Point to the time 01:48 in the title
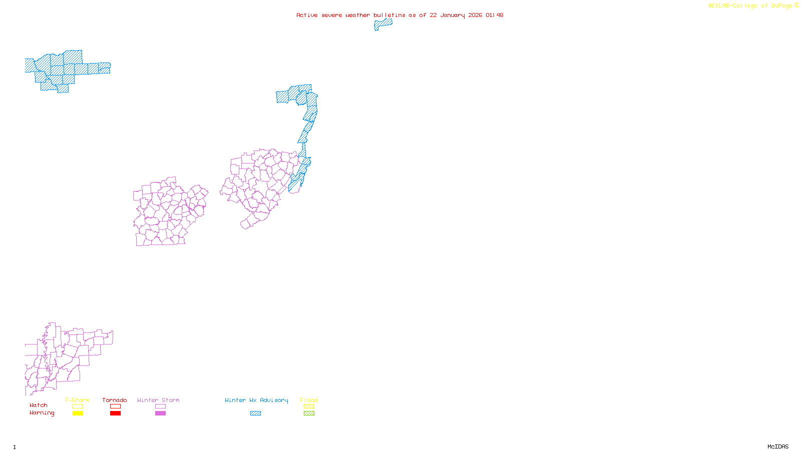pyautogui.click(x=494, y=15)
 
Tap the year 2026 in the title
pyautogui.click(x=475, y=15)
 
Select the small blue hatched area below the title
pyautogui.click(x=383, y=23)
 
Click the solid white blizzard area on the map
pyautogui.click(x=31, y=84)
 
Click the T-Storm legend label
pyautogui.click(x=77, y=400)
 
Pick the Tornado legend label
pyautogui.click(x=115, y=400)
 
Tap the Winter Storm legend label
pyautogui.click(x=158, y=400)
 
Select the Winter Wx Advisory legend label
pyautogui.click(x=256, y=400)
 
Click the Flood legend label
pyautogui.click(x=309, y=400)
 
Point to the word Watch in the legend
pyautogui.click(x=39, y=405)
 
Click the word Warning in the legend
pyautogui.click(x=42, y=413)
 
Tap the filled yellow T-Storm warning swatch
pyautogui.click(x=78, y=413)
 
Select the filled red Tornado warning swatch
pyautogui.click(x=115, y=413)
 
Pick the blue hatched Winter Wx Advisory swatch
pyautogui.click(x=255, y=413)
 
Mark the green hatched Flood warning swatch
pyautogui.click(x=309, y=413)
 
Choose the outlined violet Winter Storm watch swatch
pyautogui.click(x=160, y=406)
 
